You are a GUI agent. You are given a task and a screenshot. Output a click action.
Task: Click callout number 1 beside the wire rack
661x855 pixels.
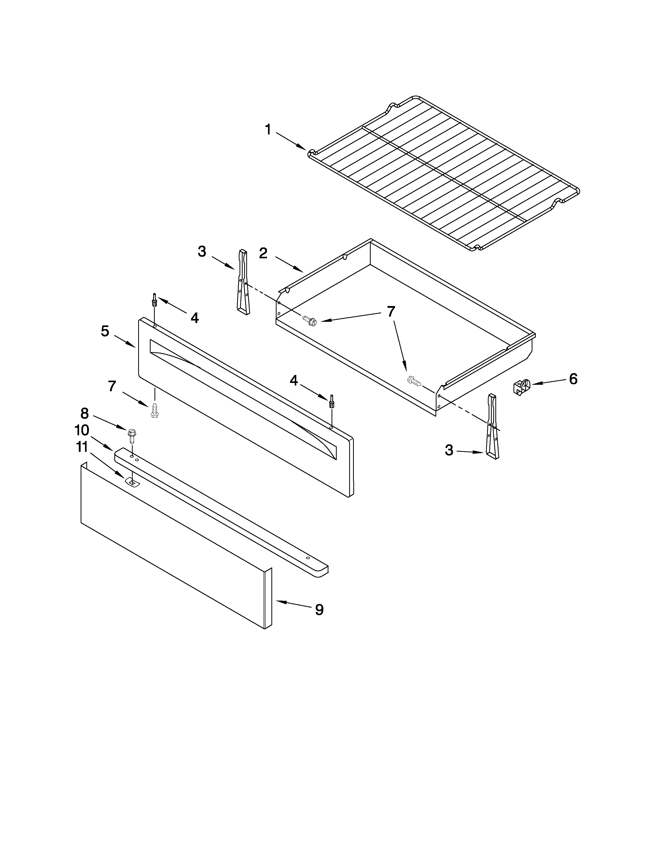pos(268,130)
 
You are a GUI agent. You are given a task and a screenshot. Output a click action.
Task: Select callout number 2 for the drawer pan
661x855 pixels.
pos(263,253)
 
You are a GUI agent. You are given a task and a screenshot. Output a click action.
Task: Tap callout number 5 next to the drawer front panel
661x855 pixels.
pos(105,331)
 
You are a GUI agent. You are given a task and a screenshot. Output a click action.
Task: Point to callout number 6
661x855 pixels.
pos(573,379)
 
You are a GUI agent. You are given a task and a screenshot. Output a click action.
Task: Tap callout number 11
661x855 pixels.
pos(82,447)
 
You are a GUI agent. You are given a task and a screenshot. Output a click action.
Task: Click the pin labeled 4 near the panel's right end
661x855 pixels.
pos(332,402)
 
